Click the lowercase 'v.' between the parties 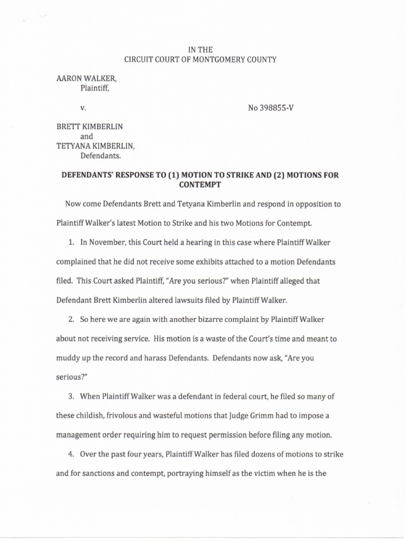point(82,108)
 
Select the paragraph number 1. point(69,243)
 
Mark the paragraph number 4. point(69,454)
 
